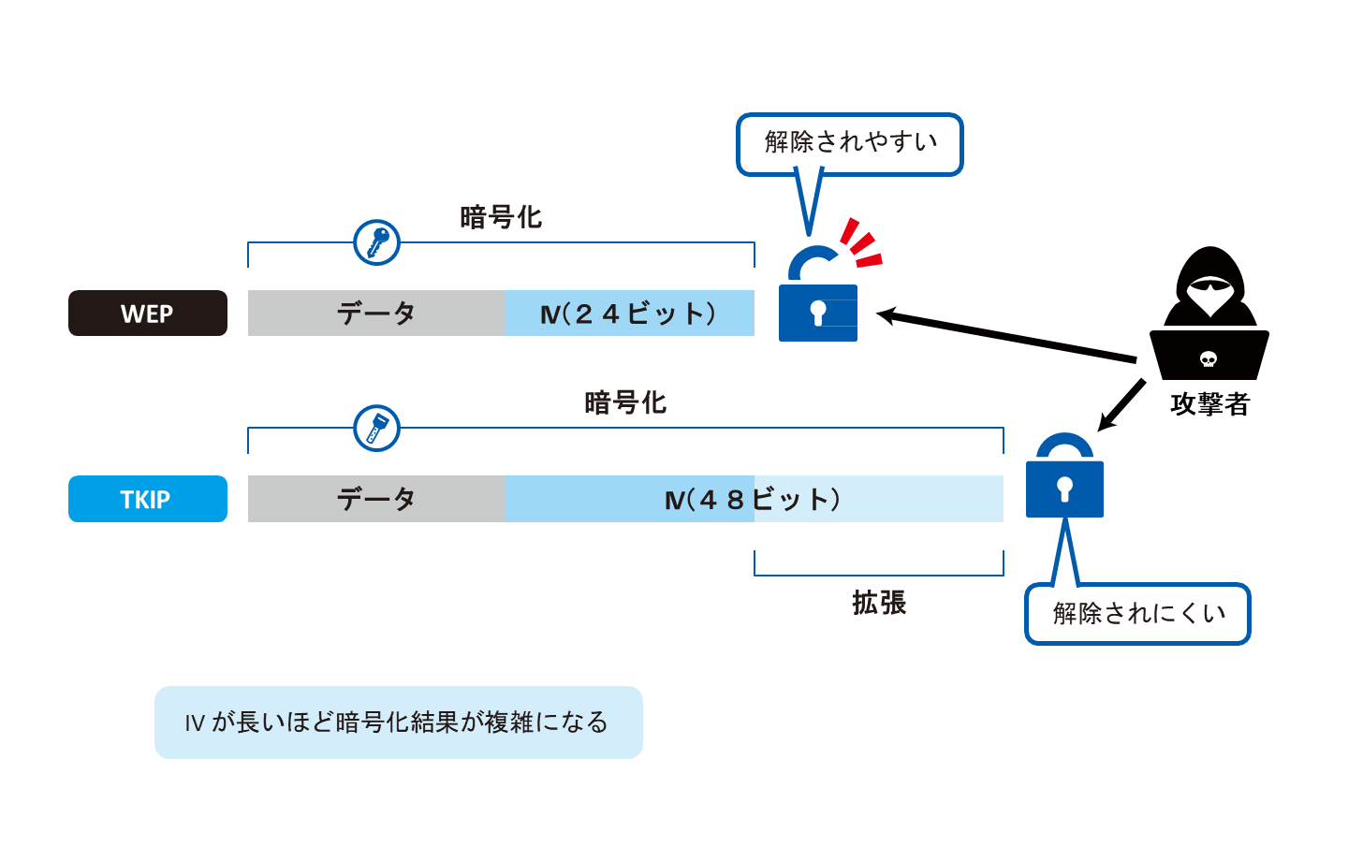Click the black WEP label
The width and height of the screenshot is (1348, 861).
(x=147, y=314)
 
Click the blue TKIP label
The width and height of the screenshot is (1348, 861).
(x=147, y=499)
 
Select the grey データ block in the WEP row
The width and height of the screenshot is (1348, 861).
(x=375, y=314)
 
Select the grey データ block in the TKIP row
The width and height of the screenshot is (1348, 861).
(x=375, y=499)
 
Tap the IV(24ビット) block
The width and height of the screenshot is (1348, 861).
(x=629, y=314)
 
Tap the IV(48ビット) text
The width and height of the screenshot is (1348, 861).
(x=753, y=500)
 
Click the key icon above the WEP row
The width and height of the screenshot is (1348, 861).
(x=376, y=242)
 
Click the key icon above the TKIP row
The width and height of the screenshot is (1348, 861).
(x=376, y=429)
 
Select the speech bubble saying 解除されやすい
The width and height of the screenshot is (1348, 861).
(x=849, y=143)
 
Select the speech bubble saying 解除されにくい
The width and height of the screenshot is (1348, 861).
(x=1137, y=614)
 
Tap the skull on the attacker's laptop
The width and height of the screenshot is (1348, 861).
(x=1209, y=359)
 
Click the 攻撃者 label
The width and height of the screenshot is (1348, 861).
(x=1209, y=404)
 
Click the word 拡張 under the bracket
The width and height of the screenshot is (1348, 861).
(x=878, y=603)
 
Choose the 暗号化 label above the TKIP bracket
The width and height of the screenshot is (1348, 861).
(x=624, y=403)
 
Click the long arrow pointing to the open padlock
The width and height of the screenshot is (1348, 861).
(x=1006, y=337)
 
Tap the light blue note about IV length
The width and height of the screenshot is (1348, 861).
(x=398, y=722)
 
